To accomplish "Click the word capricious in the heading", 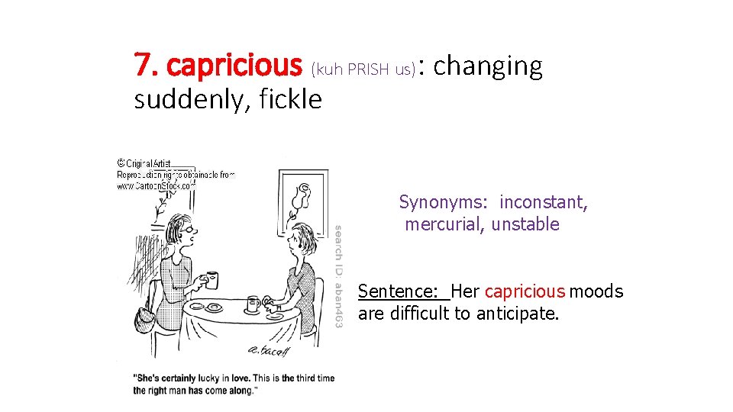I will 234,66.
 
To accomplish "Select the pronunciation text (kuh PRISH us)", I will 363,70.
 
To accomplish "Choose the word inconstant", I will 544,203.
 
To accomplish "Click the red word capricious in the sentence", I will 525,291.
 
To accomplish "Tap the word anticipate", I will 518,313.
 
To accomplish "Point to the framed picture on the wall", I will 301,198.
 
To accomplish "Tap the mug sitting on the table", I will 253,304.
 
